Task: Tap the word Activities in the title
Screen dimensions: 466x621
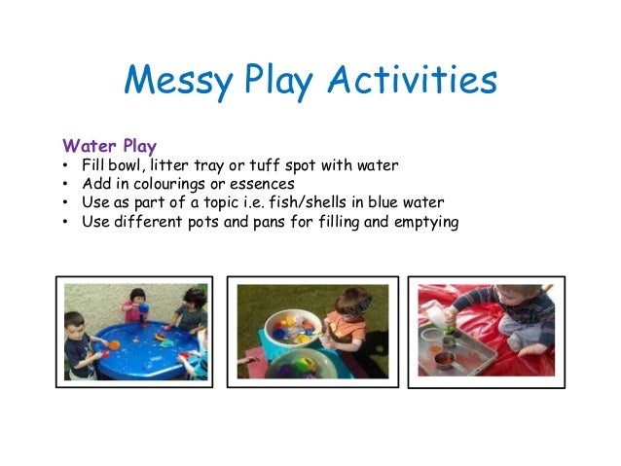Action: (415, 82)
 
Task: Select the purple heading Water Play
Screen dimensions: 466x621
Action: (109, 146)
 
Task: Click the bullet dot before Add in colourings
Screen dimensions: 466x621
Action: (64, 184)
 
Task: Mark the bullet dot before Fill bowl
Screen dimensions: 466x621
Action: (64, 165)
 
